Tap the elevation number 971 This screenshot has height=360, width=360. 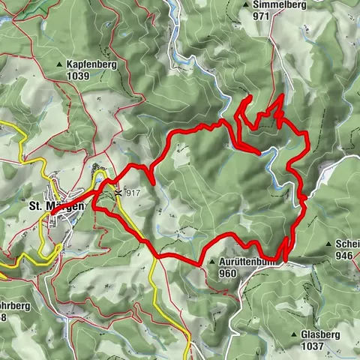(x=261, y=15)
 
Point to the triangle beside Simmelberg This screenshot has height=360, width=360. (x=246, y=4)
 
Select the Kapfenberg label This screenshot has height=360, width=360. (x=91, y=65)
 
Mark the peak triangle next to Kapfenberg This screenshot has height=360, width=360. (x=60, y=65)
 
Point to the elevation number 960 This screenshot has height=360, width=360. (x=228, y=273)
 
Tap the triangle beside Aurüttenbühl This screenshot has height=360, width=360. (x=214, y=262)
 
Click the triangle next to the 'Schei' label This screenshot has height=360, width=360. (x=329, y=244)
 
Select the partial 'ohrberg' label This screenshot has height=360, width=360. (x=13, y=306)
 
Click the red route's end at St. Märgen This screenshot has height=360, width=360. (x=52, y=214)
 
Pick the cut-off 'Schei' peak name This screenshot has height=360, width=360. (x=348, y=244)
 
